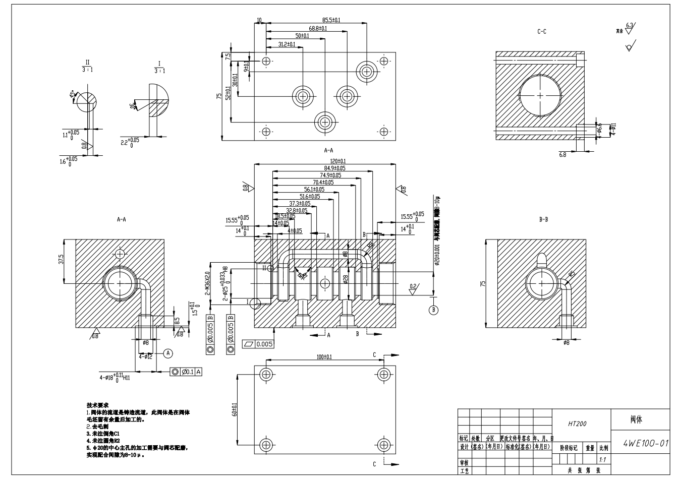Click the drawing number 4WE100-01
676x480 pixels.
(646, 444)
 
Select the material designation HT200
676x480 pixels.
(577, 424)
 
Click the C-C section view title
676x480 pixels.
(542, 32)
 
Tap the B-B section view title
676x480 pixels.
(543, 220)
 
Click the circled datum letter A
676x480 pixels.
(168, 352)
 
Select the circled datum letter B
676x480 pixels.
(433, 310)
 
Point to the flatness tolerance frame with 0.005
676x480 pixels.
(258, 344)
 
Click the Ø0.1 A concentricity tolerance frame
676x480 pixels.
(187, 372)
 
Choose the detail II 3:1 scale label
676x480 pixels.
(87, 66)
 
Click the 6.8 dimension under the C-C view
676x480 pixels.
(563, 155)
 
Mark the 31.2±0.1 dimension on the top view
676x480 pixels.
(287, 44)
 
